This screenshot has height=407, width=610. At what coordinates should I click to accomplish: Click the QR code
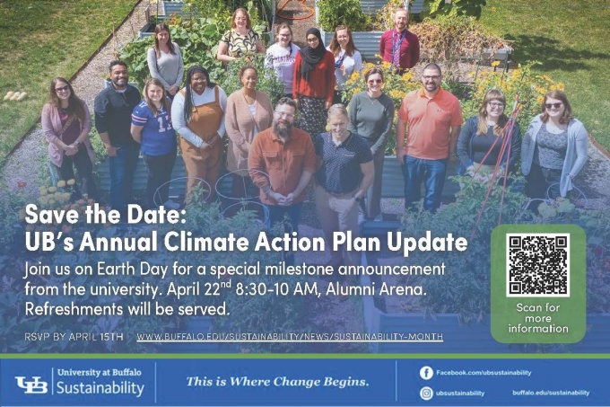(537, 265)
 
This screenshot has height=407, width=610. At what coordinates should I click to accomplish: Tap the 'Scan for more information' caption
(537, 319)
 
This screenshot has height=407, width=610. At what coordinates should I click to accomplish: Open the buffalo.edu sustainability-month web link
(290, 336)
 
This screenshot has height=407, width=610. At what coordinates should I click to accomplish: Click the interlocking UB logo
(31, 385)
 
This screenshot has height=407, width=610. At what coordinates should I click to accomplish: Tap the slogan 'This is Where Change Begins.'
(277, 382)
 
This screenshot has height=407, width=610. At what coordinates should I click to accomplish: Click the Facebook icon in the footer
(426, 372)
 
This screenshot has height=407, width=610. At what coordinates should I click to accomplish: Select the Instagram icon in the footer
(426, 393)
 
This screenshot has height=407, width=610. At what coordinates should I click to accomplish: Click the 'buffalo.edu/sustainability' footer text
(551, 393)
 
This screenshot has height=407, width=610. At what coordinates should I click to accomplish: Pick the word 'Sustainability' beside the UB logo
(100, 388)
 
